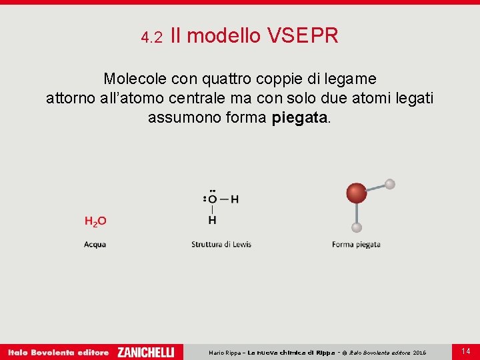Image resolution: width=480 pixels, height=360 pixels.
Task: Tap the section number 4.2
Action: tap(152, 38)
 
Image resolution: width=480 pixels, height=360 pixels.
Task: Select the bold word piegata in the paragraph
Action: tap(300, 118)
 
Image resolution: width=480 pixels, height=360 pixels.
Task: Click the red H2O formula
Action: tap(95, 221)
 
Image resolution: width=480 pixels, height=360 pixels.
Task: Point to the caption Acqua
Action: tap(95, 245)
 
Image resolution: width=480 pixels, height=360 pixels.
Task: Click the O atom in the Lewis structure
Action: tap(212, 199)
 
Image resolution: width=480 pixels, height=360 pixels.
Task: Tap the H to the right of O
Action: tap(234, 199)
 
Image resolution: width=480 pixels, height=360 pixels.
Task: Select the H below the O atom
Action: tap(212, 219)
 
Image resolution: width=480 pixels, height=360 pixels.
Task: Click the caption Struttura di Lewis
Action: tap(221, 245)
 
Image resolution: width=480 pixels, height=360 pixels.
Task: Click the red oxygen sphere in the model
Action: tap(357, 193)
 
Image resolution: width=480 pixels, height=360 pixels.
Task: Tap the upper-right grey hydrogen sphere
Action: tap(390, 184)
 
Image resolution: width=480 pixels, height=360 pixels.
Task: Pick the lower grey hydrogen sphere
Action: tap(357, 227)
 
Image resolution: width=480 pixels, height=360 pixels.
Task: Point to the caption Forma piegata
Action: tap(356, 245)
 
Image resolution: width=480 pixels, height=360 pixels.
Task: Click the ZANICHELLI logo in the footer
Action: tap(145, 352)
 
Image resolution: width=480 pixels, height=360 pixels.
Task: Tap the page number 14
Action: tap(465, 351)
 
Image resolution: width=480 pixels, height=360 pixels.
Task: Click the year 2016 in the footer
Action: tap(419, 353)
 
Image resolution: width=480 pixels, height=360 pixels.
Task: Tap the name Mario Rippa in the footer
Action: tap(225, 353)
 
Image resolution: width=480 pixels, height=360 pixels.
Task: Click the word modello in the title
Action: tap(224, 36)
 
